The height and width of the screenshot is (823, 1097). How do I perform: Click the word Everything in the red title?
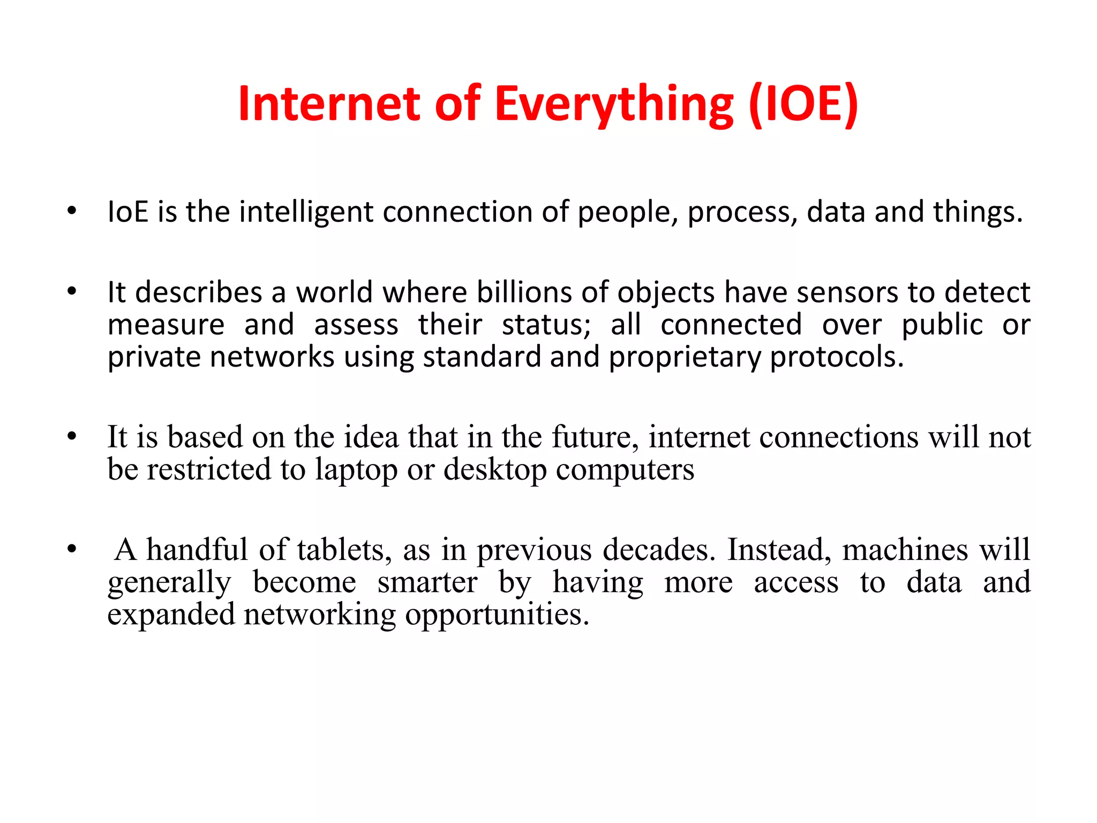click(x=614, y=104)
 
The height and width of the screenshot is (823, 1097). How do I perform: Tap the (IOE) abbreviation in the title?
click(x=803, y=104)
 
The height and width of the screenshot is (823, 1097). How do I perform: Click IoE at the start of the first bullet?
click(x=127, y=212)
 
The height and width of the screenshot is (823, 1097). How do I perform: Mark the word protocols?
click(x=837, y=357)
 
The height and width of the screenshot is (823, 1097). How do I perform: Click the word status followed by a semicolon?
click(x=546, y=325)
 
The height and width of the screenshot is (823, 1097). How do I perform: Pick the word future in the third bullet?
click(x=595, y=437)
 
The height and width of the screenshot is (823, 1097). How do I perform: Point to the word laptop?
click(x=356, y=470)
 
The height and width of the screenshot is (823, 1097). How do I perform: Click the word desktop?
click(x=495, y=470)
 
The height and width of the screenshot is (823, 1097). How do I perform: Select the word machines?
click(x=905, y=550)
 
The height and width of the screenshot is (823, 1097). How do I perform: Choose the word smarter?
click(x=427, y=582)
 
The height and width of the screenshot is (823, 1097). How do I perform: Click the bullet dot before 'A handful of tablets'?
click(x=72, y=549)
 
